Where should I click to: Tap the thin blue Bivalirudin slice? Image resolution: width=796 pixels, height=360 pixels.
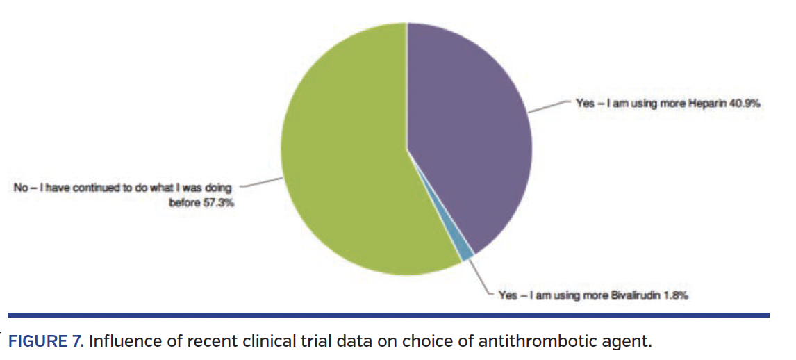[467, 256]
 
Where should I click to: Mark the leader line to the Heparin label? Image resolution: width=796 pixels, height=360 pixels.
[549, 106]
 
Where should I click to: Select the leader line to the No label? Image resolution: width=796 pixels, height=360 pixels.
[260, 184]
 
